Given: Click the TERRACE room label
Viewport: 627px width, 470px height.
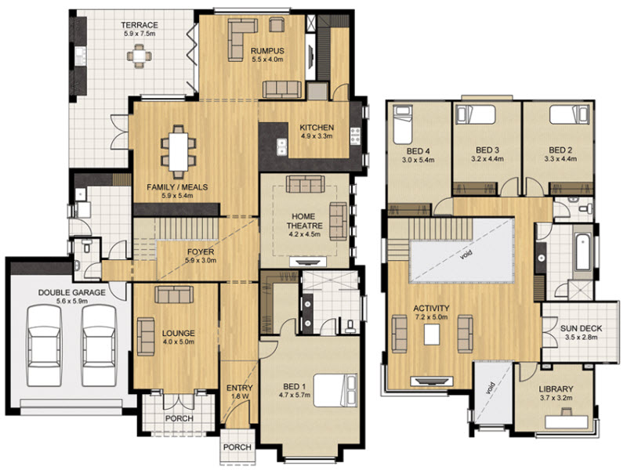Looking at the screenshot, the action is click(140, 25).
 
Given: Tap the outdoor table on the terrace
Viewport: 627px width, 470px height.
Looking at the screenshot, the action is click(140, 56).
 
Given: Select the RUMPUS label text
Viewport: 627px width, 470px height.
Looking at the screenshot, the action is click(267, 51).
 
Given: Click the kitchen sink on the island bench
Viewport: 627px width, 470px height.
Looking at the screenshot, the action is click(282, 146).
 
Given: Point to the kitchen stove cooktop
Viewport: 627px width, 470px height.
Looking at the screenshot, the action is click(355, 136).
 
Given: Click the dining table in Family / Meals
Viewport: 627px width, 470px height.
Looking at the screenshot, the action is click(179, 151).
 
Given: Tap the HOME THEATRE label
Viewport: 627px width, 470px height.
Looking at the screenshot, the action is click(304, 221).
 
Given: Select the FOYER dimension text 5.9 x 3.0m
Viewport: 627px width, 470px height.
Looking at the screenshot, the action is click(201, 261).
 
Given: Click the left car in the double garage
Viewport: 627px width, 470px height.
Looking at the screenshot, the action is click(44, 345).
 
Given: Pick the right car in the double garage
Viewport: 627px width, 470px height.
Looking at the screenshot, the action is click(99, 345).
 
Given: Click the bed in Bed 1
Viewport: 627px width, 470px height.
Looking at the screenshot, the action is click(335, 390).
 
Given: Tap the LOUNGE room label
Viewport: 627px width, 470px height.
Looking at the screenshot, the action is click(179, 333).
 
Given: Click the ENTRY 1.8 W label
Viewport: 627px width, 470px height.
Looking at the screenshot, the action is click(240, 392).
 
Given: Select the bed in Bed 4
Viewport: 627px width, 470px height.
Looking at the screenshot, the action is click(402, 125).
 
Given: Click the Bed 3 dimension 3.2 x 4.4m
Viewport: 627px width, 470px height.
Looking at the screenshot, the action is click(487, 159).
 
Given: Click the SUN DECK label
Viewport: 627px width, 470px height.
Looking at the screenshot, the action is click(581, 328).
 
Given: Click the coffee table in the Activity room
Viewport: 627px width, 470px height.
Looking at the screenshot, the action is click(432, 334).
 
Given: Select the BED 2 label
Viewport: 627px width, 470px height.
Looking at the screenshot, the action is click(560, 150).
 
